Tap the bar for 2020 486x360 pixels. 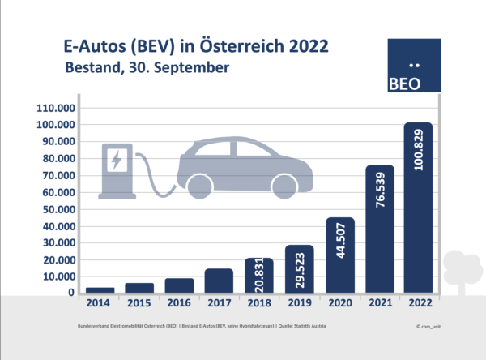click(x=339, y=255)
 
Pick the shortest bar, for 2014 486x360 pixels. click(x=100, y=289)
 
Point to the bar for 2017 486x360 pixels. click(x=219, y=281)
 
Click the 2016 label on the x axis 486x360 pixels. click(x=179, y=303)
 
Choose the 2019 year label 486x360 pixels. click(x=299, y=303)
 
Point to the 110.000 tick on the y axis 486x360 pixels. click(x=56, y=108)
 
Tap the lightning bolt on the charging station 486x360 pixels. click(x=117, y=160)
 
